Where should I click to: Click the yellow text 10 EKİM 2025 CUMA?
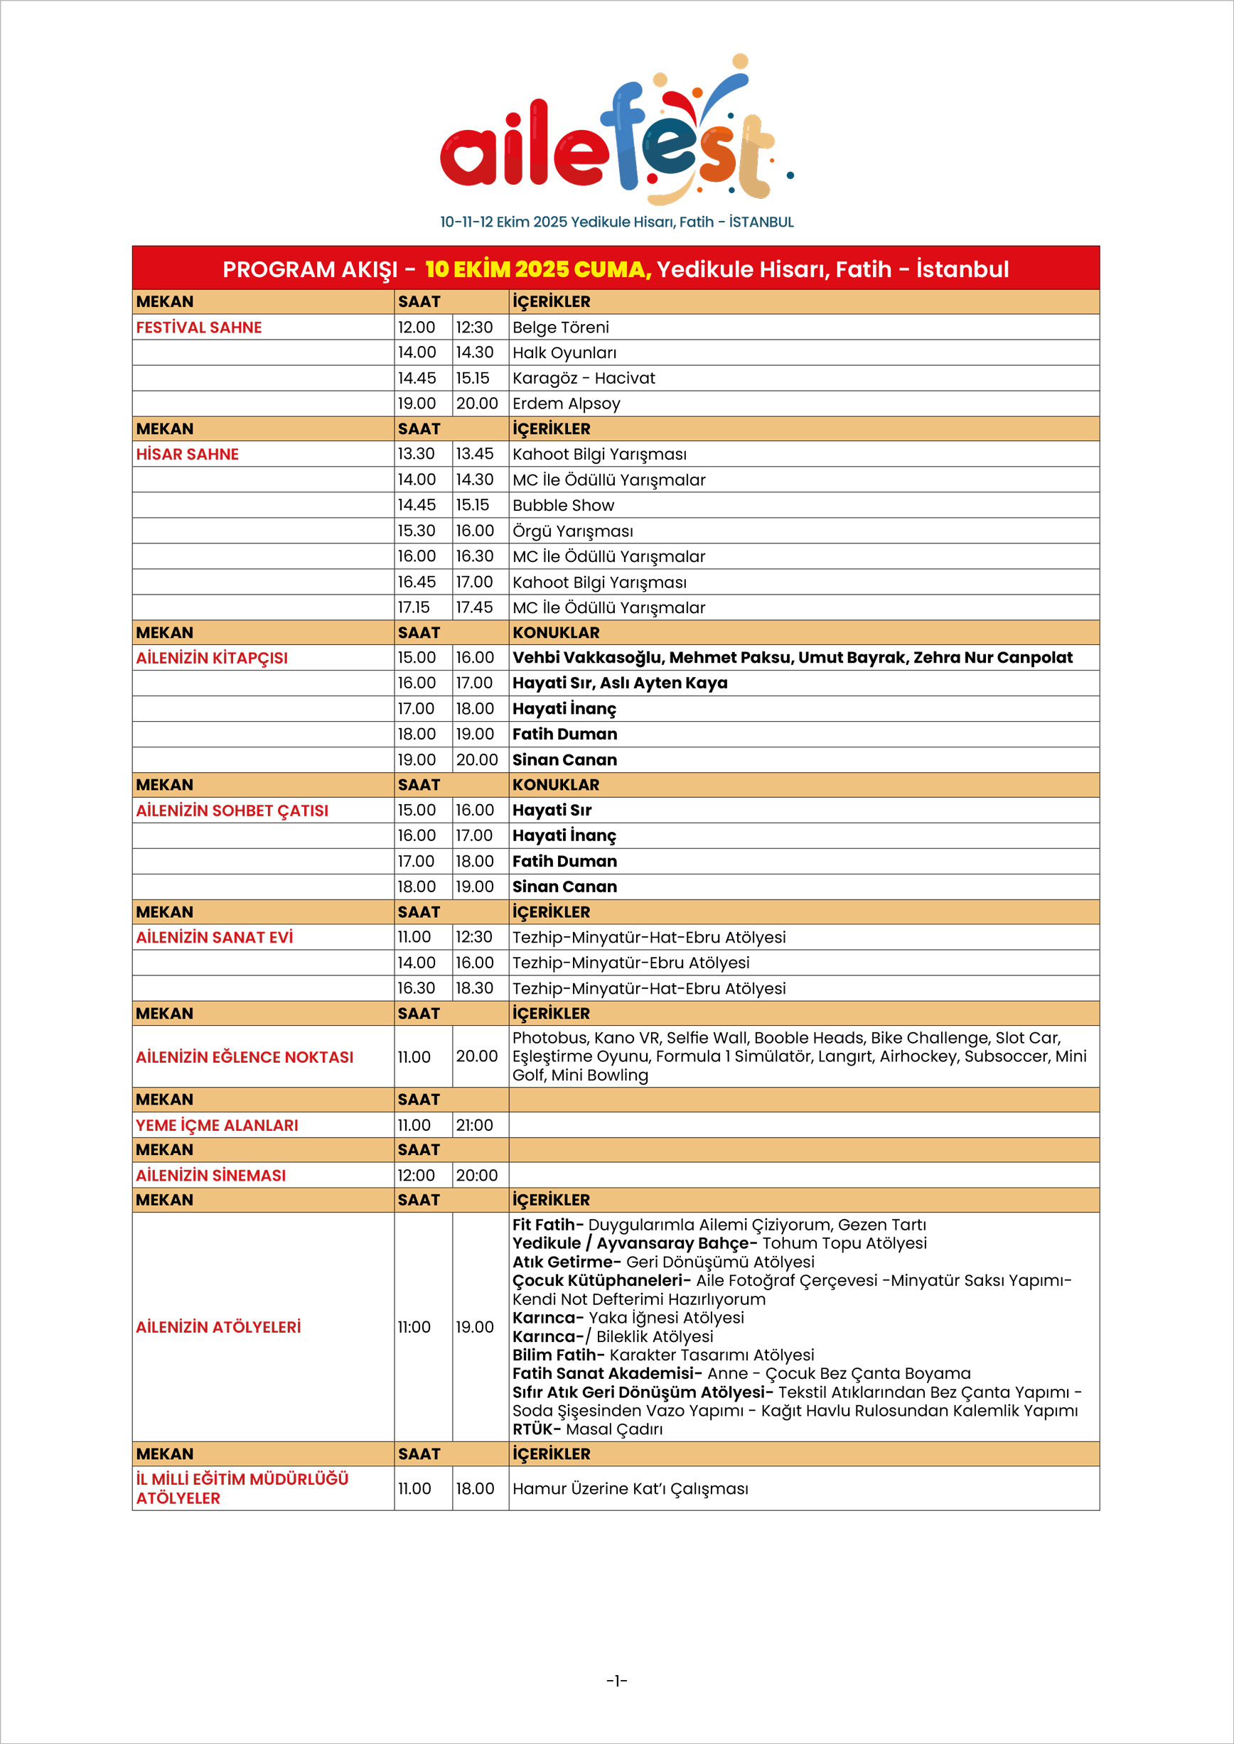[x=537, y=270]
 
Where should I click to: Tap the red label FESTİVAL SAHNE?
[x=198, y=327]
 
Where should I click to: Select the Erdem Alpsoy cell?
[x=566, y=403]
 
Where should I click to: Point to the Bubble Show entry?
[x=563, y=505]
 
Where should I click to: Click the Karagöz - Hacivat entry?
[x=584, y=378]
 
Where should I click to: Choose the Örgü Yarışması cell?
[x=572, y=531]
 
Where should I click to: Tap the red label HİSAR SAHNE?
[x=187, y=454]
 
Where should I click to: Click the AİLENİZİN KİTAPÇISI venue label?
[x=211, y=658]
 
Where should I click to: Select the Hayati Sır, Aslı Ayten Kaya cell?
[x=619, y=683]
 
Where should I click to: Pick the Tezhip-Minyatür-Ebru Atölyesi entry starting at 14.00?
[x=630, y=963]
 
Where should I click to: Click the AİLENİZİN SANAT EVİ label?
[x=214, y=937]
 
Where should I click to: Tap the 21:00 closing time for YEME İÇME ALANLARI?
[x=474, y=1125]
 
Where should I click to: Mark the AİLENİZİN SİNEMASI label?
[x=210, y=1175]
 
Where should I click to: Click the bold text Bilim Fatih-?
[x=558, y=1355]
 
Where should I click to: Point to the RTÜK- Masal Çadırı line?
[x=587, y=1429]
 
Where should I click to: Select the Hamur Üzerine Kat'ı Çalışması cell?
[x=630, y=1488]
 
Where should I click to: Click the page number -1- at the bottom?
[x=617, y=1681]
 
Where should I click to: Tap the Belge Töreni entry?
[x=561, y=327]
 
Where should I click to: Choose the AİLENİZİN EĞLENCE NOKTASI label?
[x=244, y=1056]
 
